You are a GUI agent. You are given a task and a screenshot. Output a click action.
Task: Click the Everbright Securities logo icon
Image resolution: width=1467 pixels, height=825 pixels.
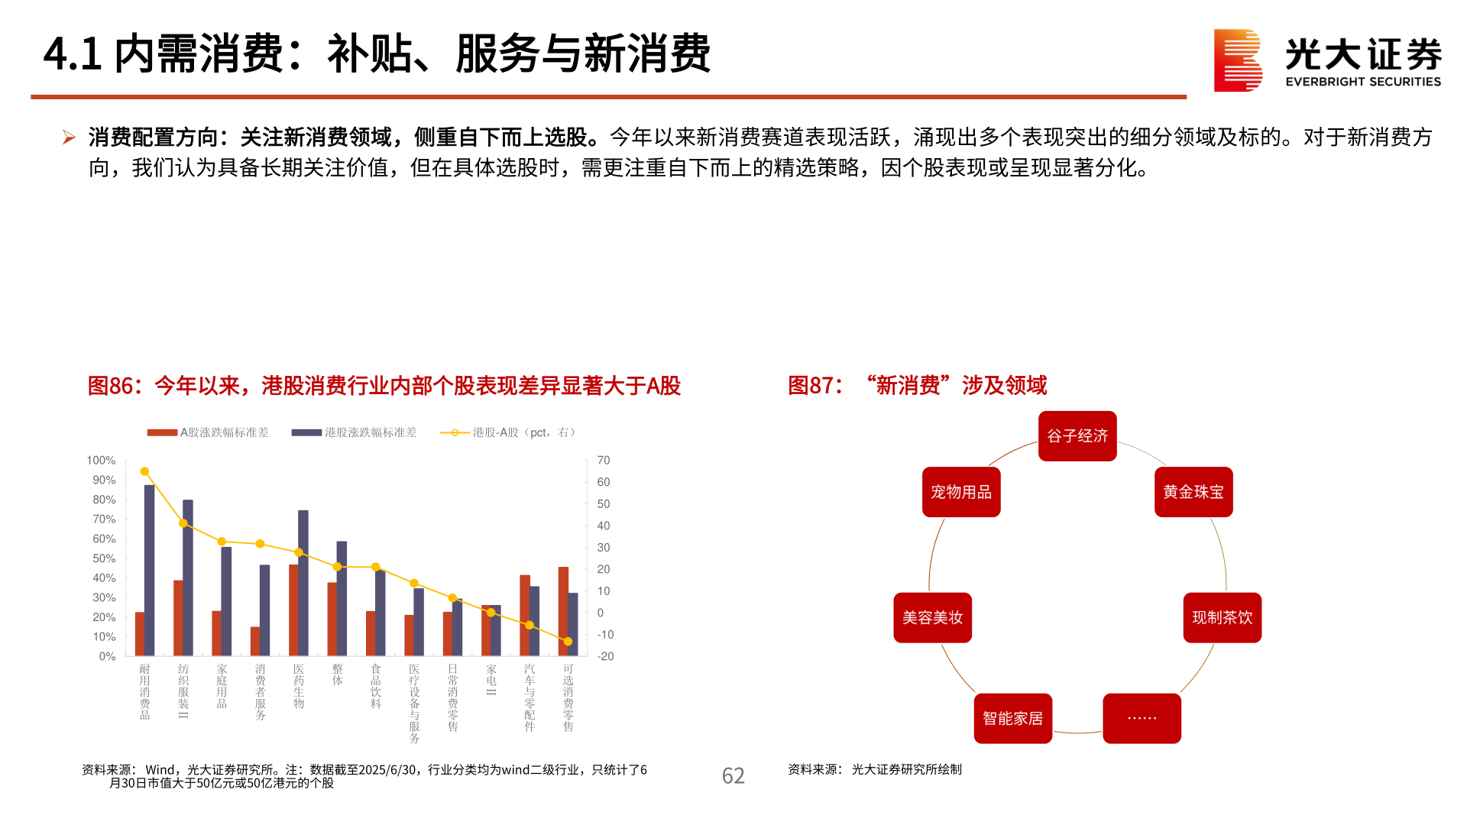(1237, 60)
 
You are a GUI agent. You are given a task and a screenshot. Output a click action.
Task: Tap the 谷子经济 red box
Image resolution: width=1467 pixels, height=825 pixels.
(1077, 436)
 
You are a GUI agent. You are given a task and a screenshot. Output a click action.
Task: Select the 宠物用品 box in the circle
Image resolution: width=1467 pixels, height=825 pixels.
(961, 492)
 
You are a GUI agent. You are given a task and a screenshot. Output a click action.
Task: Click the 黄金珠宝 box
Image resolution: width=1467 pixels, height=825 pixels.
(1193, 492)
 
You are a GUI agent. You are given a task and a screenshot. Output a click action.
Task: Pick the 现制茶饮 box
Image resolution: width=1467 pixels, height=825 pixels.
(1222, 617)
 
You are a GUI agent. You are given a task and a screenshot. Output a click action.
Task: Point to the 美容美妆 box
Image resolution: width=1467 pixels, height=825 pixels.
(932, 617)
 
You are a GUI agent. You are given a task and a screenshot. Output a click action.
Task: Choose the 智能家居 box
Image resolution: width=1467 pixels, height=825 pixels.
(1013, 718)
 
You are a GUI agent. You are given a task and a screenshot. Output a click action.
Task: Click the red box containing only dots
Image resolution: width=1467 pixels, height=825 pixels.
(1142, 718)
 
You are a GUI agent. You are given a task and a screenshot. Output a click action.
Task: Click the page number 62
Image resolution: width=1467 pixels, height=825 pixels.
(733, 776)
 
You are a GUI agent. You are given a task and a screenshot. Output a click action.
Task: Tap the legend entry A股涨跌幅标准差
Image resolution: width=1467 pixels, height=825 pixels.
(208, 432)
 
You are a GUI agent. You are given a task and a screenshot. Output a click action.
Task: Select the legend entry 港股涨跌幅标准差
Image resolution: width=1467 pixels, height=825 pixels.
(354, 432)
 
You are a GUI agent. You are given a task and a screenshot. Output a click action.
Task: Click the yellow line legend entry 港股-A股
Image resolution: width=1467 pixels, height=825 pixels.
(507, 432)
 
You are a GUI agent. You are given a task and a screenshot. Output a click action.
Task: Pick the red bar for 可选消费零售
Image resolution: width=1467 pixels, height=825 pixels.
(563, 611)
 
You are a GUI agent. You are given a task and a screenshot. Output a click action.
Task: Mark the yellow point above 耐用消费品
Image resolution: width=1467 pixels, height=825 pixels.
(144, 471)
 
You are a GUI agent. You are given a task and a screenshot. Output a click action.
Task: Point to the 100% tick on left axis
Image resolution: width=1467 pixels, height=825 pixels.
(101, 461)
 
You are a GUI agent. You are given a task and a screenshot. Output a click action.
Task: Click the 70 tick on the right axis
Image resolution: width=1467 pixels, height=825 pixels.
(604, 461)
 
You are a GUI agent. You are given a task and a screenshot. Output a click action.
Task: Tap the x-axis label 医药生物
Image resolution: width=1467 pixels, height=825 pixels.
(299, 686)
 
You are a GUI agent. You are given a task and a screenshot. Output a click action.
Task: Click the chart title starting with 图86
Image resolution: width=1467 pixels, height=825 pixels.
(384, 386)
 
